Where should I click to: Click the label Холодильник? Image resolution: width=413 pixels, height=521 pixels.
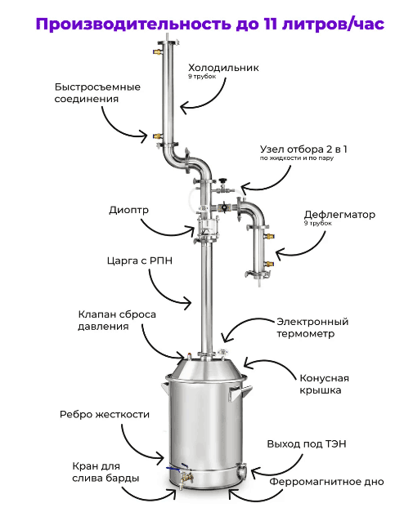(223, 68)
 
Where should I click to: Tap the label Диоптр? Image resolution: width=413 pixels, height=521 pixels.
(128, 211)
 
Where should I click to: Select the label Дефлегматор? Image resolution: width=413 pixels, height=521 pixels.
(339, 215)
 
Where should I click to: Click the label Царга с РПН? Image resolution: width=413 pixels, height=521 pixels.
(140, 260)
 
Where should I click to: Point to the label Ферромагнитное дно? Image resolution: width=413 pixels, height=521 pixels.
(326, 482)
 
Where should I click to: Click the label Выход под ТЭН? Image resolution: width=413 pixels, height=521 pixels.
(307, 444)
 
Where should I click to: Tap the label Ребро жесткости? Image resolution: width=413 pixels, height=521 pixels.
(105, 415)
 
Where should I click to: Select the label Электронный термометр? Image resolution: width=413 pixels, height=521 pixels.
(312, 327)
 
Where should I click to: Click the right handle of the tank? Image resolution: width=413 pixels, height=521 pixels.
(240, 392)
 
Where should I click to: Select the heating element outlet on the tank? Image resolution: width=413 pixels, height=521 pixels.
(241, 471)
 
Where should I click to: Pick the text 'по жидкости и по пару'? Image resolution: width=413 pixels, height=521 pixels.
(297, 158)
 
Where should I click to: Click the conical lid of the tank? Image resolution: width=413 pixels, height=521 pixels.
(206, 368)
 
